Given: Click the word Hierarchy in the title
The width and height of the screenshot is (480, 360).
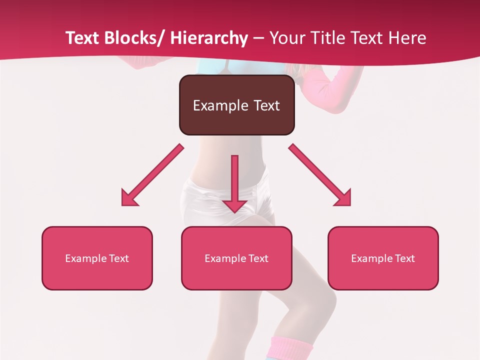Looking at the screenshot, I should pyautogui.click(x=209, y=38).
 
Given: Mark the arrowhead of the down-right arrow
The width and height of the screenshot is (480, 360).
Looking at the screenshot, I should pyautogui.click(x=343, y=198).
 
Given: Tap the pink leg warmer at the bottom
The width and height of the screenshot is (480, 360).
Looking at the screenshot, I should pyautogui.click(x=291, y=348).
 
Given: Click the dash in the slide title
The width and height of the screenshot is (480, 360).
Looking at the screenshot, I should pyautogui.click(x=258, y=38).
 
